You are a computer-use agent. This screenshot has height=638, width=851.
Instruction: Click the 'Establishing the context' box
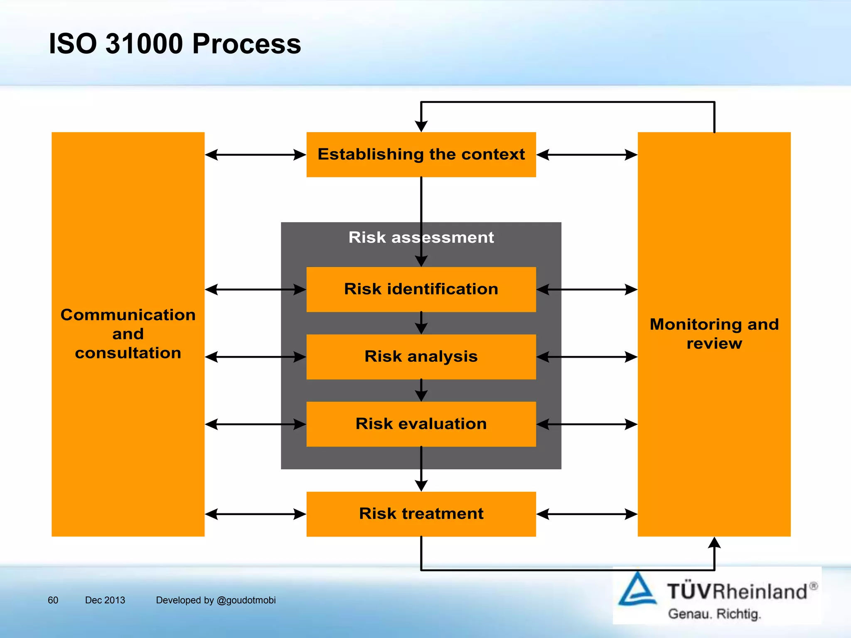point(421,155)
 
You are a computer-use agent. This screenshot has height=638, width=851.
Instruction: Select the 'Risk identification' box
point(421,289)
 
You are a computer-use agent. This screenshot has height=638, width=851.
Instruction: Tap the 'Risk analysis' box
point(421,356)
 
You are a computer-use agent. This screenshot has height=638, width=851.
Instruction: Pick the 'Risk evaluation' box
point(421,424)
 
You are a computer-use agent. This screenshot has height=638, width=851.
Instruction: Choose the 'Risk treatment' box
point(421,514)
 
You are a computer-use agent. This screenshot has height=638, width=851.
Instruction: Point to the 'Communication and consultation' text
point(128,334)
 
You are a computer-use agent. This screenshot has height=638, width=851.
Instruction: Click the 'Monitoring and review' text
point(714,334)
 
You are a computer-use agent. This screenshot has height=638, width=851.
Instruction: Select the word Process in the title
point(246,44)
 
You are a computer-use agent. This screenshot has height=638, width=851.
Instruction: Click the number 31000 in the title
point(144,44)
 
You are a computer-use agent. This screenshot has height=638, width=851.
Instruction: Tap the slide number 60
point(53,600)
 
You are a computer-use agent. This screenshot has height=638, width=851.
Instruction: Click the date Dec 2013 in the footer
point(105,600)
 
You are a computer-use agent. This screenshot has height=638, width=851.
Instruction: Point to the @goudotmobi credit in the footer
point(246,600)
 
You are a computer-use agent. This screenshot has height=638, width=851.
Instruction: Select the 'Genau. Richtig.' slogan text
point(714,613)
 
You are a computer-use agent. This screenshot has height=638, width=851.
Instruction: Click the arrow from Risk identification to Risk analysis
point(421,323)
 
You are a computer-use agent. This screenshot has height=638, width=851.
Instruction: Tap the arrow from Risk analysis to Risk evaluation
point(421,390)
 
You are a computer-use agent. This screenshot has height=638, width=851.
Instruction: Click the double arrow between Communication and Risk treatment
point(255,514)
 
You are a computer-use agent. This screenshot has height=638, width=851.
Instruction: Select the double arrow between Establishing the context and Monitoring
point(587,155)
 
